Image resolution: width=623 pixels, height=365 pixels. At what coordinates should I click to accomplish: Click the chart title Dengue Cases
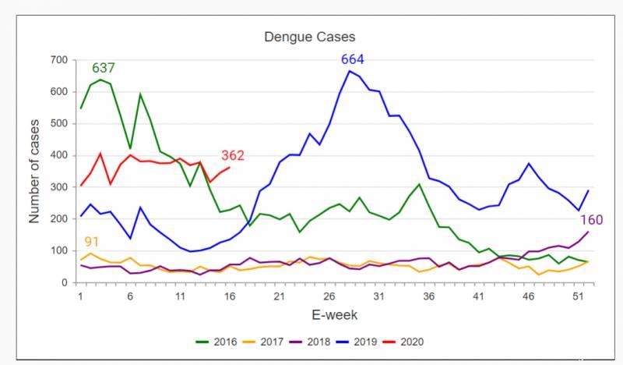point(309,37)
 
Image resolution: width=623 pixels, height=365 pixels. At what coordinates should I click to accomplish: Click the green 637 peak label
point(104,68)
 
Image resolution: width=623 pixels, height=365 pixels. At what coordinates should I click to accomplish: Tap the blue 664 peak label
point(352,60)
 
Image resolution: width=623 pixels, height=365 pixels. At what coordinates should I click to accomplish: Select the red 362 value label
point(233,155)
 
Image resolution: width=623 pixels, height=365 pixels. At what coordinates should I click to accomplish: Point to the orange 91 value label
point(92,242)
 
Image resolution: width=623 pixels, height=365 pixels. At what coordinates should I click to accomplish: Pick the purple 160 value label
point(591,219)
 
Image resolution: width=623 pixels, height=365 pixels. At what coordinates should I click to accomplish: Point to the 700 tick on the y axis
point(59,60)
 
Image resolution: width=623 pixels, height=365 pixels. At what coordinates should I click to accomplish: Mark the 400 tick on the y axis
point(59,156)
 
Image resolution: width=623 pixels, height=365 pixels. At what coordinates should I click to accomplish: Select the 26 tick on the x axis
point(329,297)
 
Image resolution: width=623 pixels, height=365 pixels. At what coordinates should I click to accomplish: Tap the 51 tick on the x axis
point(579,297)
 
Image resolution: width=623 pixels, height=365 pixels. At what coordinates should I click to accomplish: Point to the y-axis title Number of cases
point(34,172)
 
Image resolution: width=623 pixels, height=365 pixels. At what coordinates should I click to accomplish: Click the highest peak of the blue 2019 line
point(349,71)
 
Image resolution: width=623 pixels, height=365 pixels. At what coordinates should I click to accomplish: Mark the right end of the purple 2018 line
point(588,232)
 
